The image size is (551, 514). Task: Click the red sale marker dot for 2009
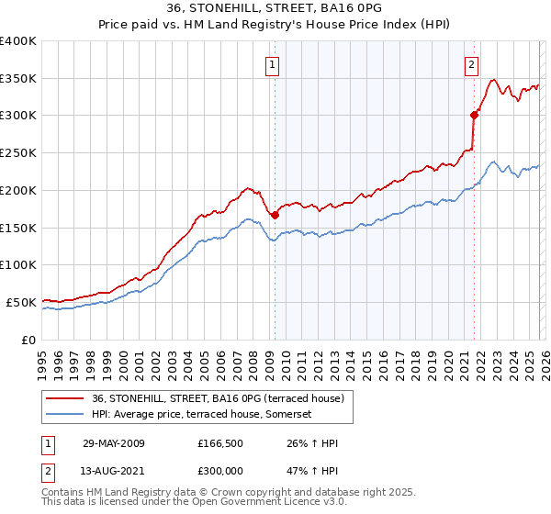[x=275, y=215]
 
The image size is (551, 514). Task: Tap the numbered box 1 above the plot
[x=274, y=64]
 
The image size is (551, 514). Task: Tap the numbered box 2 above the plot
[x=471, y=64]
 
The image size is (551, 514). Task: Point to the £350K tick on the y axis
[x=17, y=79]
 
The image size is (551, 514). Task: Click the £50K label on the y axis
[x=20, y=302]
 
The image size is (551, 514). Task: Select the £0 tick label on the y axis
[x=28, y=340]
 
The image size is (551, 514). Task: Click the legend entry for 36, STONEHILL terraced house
[x=217, y=397]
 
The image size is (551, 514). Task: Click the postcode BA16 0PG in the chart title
[x=358, y=9]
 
